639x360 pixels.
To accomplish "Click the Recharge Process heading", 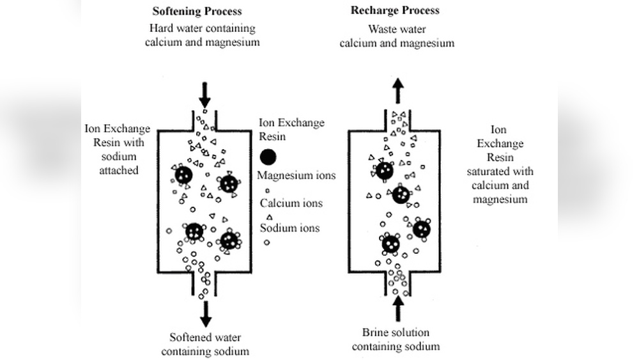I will pos(395,11).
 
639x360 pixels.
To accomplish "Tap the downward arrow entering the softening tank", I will pos(204,95).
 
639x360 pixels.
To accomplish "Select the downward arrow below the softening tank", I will pos(204,313).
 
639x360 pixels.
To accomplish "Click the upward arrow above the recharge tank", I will pos(397,91).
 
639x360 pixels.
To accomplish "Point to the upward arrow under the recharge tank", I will pos(397,309).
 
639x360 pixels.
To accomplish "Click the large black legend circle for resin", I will pos(268,157).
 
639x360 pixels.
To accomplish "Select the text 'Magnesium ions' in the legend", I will pos(296,175).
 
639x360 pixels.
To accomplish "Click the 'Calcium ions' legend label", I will pos(291,203).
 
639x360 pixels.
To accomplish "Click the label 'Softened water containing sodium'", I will pos(204,344).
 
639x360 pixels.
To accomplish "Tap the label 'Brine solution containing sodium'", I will pos(396,340).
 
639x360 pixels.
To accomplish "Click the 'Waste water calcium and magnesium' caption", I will pos(397,36).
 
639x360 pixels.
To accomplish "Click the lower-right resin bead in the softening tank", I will pos(229,241).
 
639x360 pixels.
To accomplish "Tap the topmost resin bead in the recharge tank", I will pos(384,171).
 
